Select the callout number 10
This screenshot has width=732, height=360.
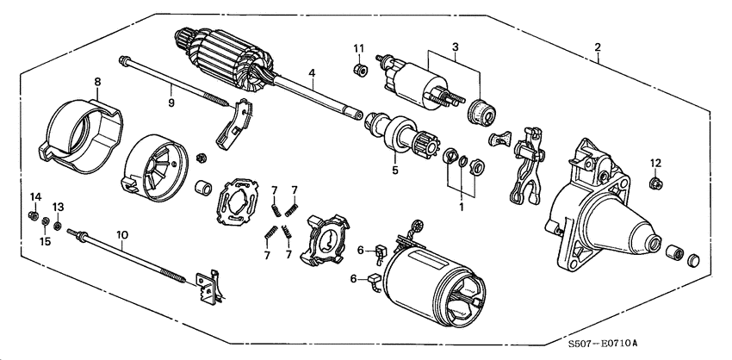[121, 234]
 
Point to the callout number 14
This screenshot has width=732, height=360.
[34, 198]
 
